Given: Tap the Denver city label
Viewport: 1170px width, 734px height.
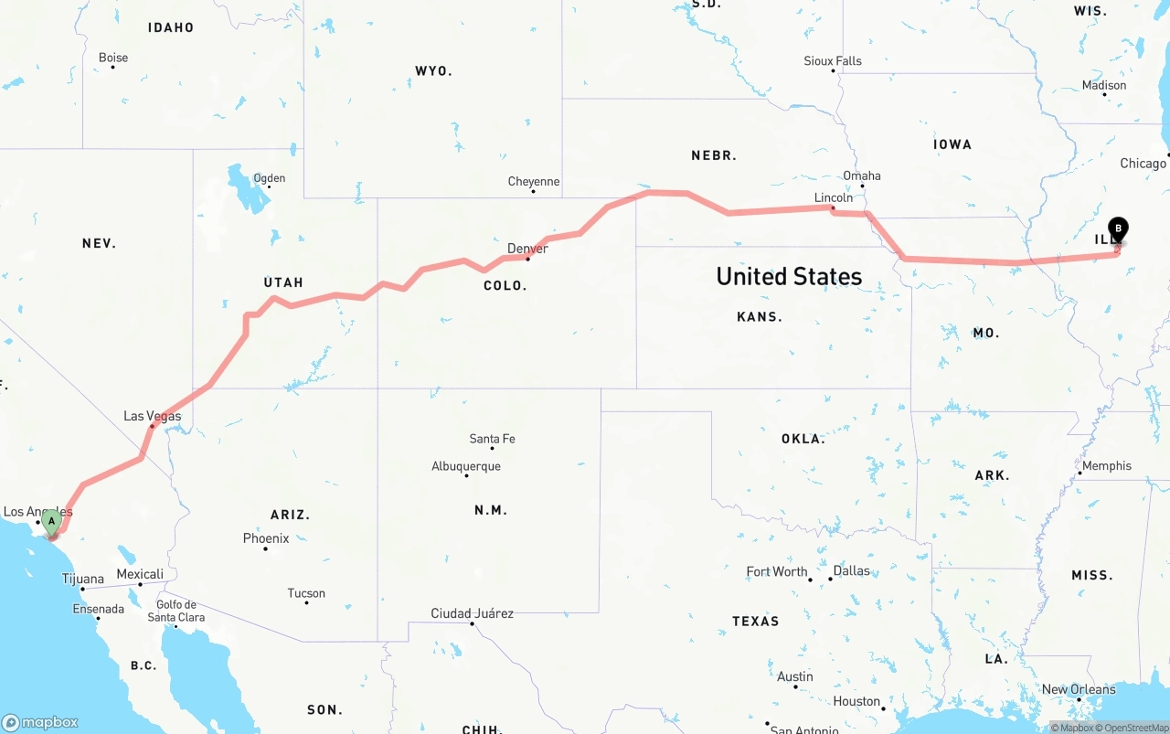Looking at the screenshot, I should (527, 249).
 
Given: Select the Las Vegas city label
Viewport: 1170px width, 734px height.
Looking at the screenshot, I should (153, 416).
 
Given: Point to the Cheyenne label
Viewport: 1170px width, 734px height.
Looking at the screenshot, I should (534, 182).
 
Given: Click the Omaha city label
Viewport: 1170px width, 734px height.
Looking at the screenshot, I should (862, 176).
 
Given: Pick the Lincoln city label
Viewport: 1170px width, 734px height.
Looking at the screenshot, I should (833, 197).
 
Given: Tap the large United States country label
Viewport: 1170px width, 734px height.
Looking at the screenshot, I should (789, 276).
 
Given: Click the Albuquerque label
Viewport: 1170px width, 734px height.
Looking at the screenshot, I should (466, 466).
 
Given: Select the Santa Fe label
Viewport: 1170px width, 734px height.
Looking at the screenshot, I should (492, 439).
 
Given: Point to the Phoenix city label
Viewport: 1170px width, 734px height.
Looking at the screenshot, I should (266, 538).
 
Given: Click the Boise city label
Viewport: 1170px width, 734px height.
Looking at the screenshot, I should (113, 58).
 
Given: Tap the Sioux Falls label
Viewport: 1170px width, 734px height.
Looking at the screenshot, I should (833, 61).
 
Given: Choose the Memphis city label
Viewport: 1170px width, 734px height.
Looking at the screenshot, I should (1106, 466).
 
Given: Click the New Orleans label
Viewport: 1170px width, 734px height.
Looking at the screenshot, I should (1079, 689).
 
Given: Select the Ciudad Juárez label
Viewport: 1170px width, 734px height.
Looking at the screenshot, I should (473, 613).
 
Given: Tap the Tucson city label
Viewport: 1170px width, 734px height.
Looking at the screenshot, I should (306, 593).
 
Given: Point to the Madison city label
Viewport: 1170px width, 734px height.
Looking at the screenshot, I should (1104, 85).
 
